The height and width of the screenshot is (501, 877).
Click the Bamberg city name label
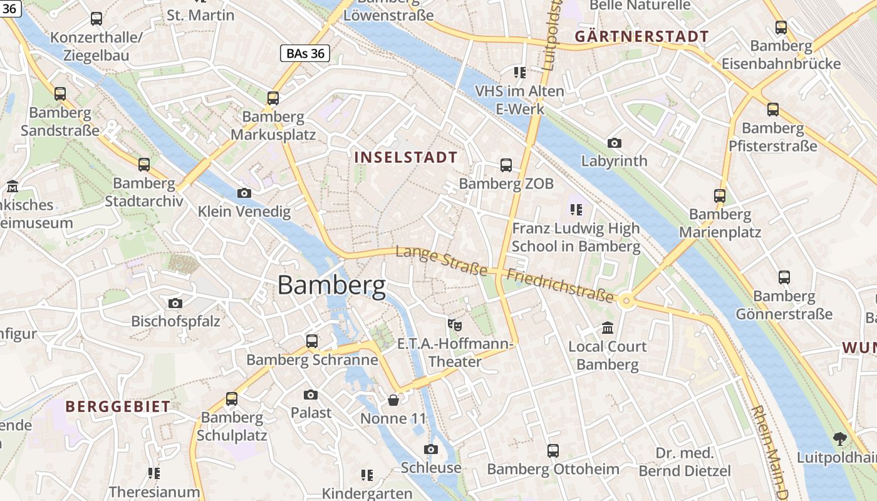point(331,286)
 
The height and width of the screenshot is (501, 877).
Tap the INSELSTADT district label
point(406,157)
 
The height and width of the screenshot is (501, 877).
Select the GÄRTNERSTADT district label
point(641,36)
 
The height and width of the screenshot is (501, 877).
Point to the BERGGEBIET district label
point(118,406)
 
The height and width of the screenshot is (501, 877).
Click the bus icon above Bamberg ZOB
point(506,165)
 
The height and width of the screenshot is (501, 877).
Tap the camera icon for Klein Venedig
point(244,193)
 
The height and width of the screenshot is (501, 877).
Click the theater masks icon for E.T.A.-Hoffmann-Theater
point(455,325)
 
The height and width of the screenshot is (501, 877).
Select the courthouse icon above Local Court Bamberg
point(607,328)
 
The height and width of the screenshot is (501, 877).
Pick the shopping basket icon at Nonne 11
point(393,400)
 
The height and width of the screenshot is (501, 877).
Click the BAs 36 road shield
point(305,53)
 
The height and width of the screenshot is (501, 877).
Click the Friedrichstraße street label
point(560,286)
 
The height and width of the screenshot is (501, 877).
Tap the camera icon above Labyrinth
point(614,143)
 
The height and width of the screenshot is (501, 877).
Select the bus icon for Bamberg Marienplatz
point(720,195)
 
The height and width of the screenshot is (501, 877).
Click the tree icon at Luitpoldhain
point(839,439)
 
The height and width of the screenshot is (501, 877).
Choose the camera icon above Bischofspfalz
point(175,303)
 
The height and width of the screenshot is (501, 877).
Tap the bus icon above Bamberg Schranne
point(312,341)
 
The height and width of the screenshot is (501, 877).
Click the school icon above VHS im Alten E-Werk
point(519,73)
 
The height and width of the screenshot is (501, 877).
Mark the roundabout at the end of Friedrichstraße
point(626,301)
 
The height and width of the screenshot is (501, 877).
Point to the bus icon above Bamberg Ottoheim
point(553,451)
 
